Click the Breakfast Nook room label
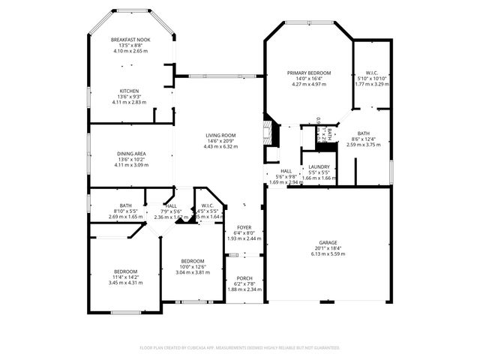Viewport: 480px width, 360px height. [130, 40]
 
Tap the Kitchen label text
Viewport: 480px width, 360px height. [130, 91]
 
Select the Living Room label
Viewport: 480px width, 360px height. [220, 136]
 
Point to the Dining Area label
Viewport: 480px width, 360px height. [130, 154]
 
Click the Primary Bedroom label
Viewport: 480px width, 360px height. [308, 73]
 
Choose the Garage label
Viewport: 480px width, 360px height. [328, 243]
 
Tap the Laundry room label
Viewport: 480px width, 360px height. [319, 167]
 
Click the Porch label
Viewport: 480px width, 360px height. [244, 278]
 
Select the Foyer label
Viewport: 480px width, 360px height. [244, 227]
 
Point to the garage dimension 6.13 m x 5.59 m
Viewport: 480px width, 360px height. [328, 254]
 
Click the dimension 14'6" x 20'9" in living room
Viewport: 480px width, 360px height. [220, 141]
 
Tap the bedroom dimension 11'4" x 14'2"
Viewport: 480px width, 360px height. [125, 277]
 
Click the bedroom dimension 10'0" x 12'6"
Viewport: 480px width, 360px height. [192, 266]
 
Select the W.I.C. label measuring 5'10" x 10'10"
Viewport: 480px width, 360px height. [371, 73]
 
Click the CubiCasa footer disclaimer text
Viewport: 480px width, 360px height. [240, 348]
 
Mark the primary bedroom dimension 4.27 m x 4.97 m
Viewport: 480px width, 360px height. [308, 84]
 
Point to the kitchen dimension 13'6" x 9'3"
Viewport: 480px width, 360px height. [130, 97]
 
